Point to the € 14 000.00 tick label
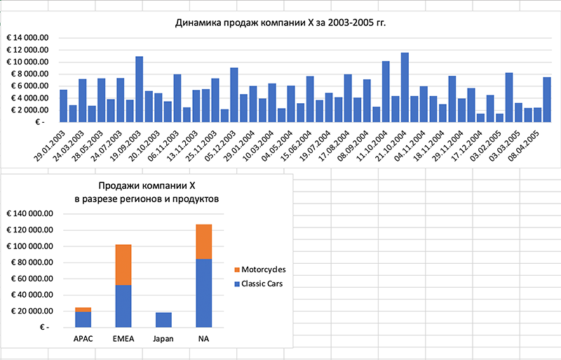pos(28,38)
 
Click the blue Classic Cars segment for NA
pos(203,293)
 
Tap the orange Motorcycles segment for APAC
pos(83,309)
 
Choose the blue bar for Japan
pos(163,320)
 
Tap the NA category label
pos(203,340)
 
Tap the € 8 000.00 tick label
pos(28,74)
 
